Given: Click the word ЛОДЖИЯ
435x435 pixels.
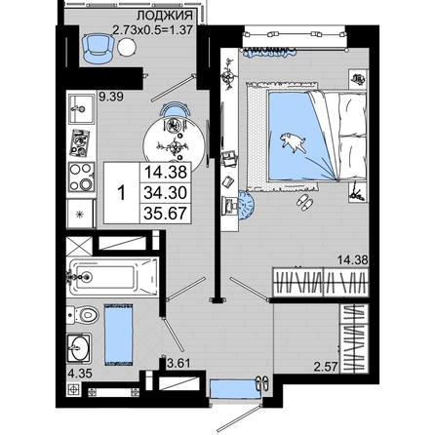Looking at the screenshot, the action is (165, 16).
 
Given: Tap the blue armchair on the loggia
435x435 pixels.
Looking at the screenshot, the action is (98, 48).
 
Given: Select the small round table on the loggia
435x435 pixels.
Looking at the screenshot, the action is (127, 47).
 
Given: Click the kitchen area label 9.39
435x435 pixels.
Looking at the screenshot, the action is (111, 97).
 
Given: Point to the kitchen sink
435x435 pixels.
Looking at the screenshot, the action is (81, 109).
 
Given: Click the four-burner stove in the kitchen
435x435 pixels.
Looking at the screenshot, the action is (81, 177).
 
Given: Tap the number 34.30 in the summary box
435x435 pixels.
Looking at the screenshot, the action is (166, 193).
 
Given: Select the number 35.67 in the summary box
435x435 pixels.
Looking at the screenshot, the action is (166, 214).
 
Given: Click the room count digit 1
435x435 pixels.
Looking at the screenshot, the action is (122, 193).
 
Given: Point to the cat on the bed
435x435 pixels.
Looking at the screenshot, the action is (294, 142).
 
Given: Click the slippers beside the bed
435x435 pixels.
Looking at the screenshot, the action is (305, 202).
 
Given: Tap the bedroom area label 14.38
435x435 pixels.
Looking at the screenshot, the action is (353, 259).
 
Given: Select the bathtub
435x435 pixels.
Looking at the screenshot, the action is (112, 277).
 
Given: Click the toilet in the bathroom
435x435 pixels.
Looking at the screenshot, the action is (83, 315).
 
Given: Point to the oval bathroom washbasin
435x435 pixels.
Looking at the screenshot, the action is (79, 348).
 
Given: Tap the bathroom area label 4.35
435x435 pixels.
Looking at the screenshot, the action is (80, 374).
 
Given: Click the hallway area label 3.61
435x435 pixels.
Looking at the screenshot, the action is (178, 362).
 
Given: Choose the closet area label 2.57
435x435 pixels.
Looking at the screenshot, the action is (326, 367).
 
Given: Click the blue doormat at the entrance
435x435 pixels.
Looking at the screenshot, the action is (235, 389).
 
